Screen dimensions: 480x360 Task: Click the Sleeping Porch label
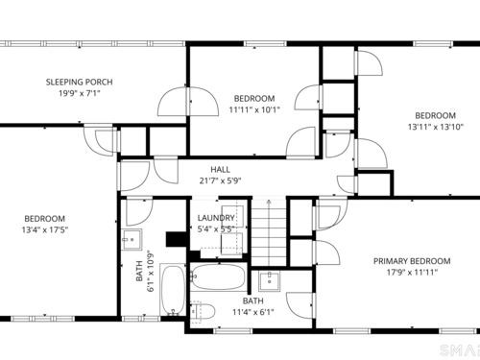80,83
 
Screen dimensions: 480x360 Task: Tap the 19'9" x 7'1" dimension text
80,93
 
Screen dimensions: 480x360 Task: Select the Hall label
220,170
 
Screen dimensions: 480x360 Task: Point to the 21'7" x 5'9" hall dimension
220,180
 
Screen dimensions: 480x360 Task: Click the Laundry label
216,218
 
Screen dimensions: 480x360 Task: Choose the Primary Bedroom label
412,261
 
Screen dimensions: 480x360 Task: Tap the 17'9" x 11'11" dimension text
412,273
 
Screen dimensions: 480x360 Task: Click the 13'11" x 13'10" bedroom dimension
435,127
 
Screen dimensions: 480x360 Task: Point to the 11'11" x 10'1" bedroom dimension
254,109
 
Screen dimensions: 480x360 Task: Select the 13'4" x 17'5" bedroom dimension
45,229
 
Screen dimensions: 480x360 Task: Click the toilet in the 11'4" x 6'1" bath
202,312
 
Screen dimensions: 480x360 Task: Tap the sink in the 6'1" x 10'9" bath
132,239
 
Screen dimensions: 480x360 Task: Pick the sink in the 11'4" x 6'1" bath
269,280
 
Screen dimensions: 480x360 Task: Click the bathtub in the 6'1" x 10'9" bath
173,290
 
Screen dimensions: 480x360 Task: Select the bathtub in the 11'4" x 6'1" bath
219,276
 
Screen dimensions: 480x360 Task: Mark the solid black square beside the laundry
177,239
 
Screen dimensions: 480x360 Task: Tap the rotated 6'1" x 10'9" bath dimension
145,272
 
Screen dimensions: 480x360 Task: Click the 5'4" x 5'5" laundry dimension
216,229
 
